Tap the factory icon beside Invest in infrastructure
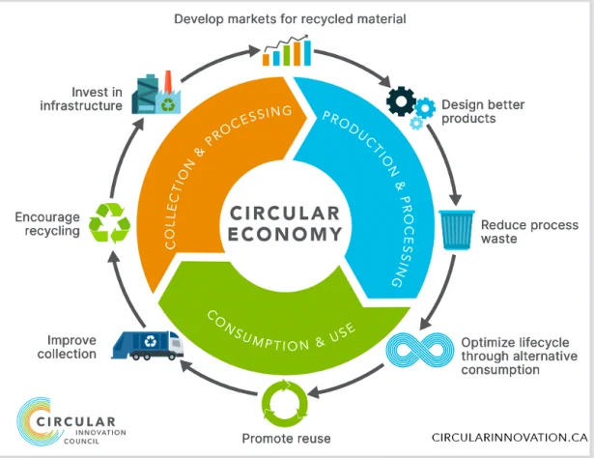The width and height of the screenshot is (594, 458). (155, 93)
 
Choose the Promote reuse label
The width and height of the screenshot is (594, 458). (286, 439)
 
